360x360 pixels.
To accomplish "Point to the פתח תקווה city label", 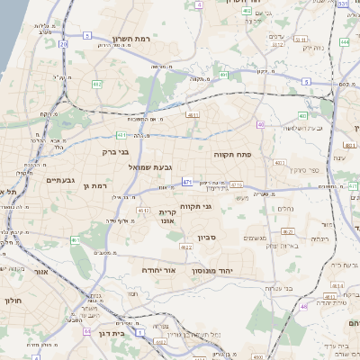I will pyautogui.click(x=231, y=155).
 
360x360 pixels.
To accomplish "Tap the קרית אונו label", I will pyautogui.click(x=167, y=217).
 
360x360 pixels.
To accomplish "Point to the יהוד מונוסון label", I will pyautogui.click(x=211, y=269).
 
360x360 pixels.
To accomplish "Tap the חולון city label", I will pyautogui.click(x=13, y=301).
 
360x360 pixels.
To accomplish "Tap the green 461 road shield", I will pyautogui.click(x=76, y=240).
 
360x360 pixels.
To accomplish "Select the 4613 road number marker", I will pyautogui.click(x=143, y=210).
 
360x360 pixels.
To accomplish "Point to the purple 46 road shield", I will pyautogui.click(x=304, y=307).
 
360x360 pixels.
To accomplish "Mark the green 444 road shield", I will pyautogui.click(x=345, y=42).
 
